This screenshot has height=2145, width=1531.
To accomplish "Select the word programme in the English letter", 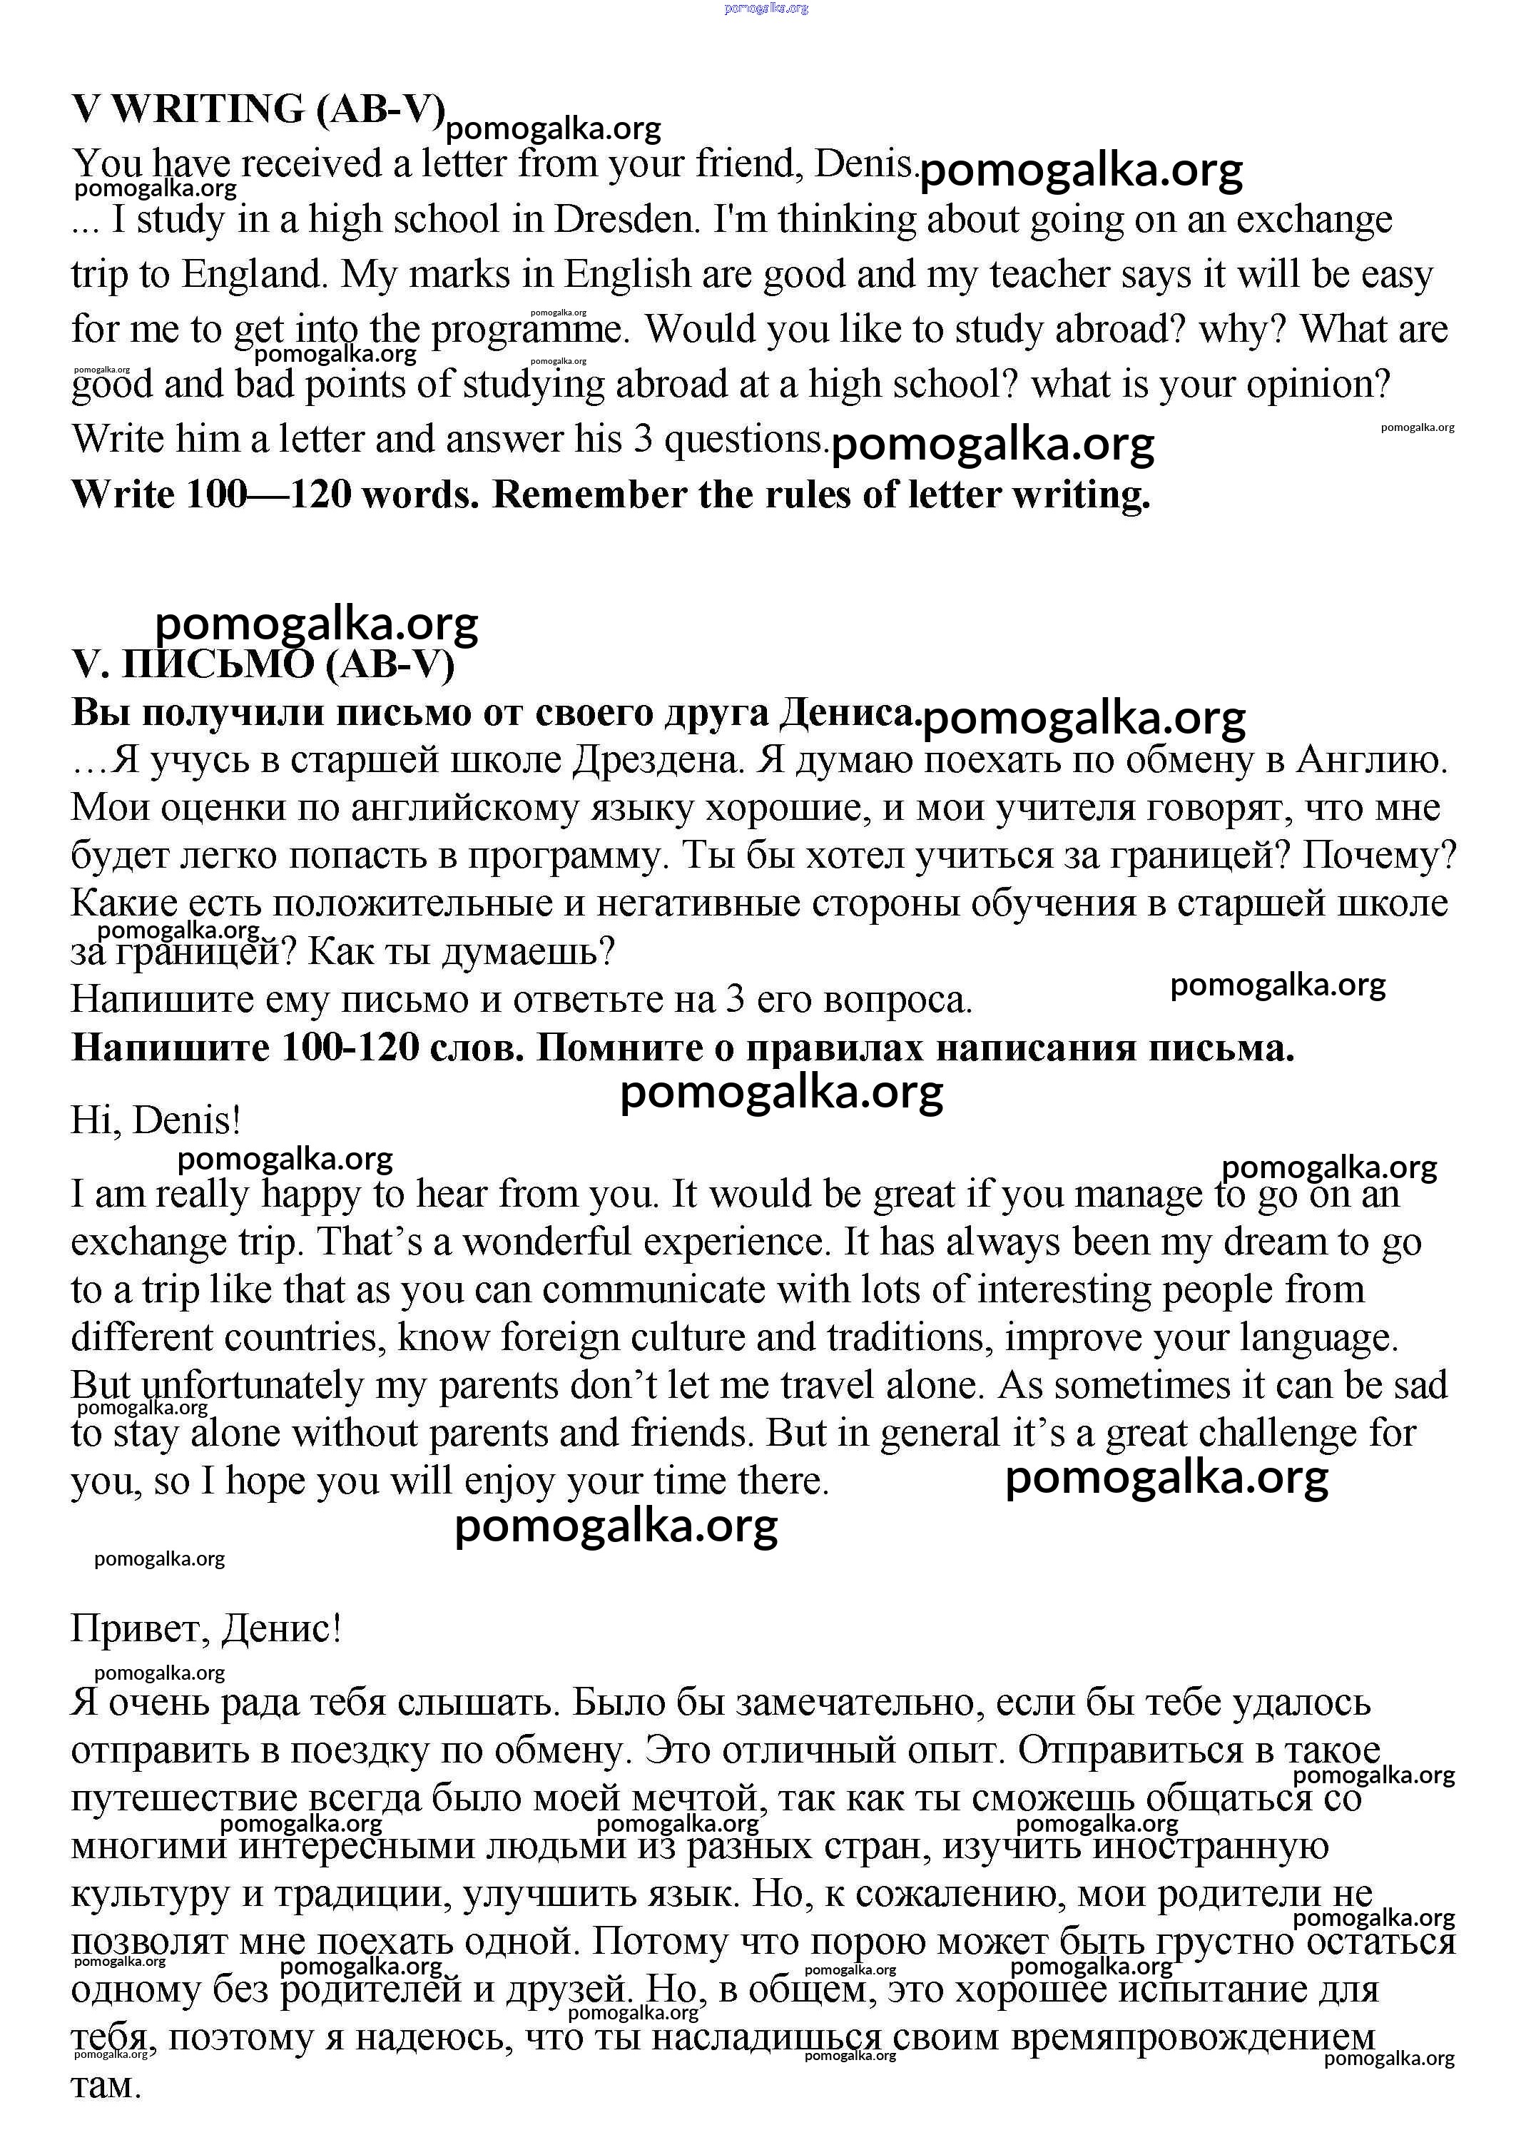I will [x=529, y=330].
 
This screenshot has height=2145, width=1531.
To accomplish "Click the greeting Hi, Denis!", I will [x=156, y=1120].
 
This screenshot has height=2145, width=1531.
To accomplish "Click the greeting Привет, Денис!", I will [x=205, y=1628].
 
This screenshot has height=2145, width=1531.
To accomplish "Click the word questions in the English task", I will [x=745, y=440].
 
